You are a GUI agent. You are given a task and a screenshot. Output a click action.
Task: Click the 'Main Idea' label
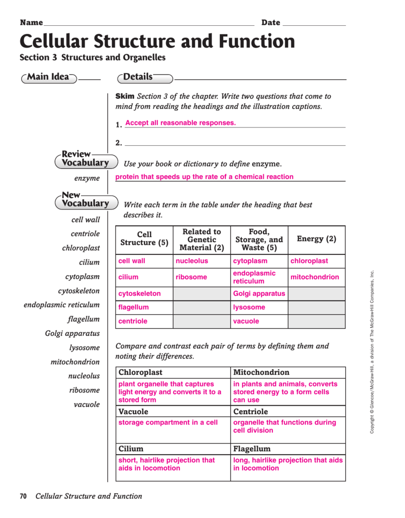[48, 77]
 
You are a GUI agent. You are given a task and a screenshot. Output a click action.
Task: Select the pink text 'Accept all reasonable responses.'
[180, 123]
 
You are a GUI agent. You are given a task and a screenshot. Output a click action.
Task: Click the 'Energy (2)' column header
[316, 239]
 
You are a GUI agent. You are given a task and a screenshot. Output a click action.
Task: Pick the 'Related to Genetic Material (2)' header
[201, 239]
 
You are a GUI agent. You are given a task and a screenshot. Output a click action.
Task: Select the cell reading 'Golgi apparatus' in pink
[259, 293]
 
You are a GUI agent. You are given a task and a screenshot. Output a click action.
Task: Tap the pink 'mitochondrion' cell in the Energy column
[315, 277]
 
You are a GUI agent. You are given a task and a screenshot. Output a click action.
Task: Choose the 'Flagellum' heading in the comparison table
[252, 449]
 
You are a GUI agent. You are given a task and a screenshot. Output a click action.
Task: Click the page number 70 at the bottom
[23, 496]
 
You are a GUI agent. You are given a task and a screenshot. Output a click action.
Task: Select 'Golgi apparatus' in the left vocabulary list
[72, 333]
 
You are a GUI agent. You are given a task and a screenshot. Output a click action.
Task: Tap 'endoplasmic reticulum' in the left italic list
[62, 305]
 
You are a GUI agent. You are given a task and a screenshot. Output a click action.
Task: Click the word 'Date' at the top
[270, 22]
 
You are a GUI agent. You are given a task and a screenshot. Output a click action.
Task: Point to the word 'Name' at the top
[31, 22]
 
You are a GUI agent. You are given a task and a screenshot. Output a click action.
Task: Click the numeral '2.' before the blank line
[119, 143]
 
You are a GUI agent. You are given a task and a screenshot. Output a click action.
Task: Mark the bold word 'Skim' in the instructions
[125, 96]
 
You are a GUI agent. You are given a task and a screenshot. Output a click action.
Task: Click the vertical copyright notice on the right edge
[372, 352]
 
